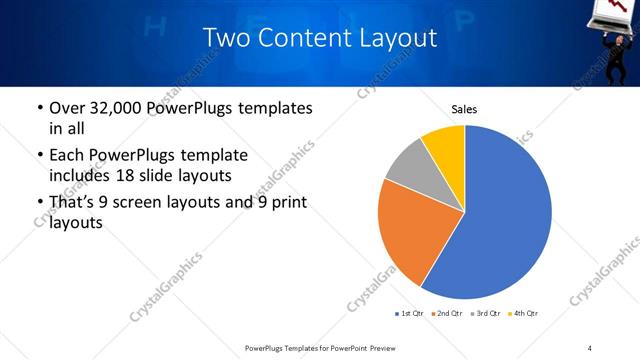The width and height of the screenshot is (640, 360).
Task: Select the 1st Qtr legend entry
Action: [x=410, y=314]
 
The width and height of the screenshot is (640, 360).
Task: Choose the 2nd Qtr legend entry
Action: [x=448, y=314]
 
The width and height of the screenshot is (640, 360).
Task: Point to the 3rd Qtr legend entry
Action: [x=487, y=314]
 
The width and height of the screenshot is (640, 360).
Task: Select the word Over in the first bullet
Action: [x=67, y=108]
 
